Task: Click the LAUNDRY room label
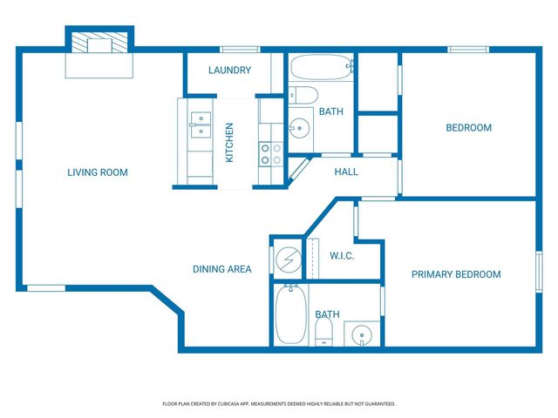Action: point(230,71)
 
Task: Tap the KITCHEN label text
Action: point(230,143)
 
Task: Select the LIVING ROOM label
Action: point(98,172)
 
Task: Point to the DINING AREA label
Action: point(222,269)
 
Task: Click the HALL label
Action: point(346,172)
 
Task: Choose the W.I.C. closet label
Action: point(342,255)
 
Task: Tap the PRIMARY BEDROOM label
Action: point(456,274)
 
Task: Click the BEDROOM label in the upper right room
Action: point(468,128)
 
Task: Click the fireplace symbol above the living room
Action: point(100,43)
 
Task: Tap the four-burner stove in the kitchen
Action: point(270,154)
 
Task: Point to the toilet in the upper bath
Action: point(304,94)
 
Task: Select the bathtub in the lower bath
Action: point(289,314)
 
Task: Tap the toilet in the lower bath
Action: point(323,330)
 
